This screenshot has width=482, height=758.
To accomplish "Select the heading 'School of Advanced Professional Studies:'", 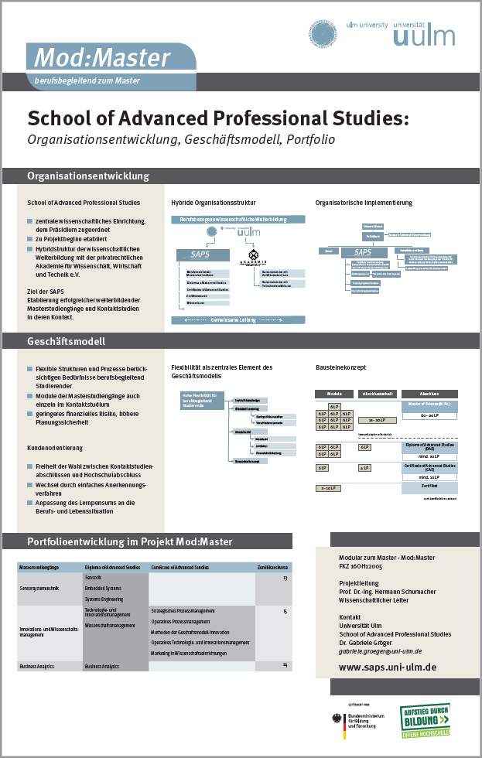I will [x=217, y=118].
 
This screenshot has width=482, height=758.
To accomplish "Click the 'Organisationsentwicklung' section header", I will [x=88, y=176].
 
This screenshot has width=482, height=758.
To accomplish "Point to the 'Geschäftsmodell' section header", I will [x=66, y=341].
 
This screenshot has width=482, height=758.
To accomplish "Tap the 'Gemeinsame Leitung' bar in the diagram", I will [x=238, y=320].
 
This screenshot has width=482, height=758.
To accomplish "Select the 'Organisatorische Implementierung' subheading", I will [x=364, y=203].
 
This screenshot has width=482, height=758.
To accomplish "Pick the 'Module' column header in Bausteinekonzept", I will [x=333, y=394].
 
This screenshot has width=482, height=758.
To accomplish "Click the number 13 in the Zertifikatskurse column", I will [x=285, y=579].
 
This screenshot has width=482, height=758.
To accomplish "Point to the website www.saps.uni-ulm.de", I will [x=388, y=667].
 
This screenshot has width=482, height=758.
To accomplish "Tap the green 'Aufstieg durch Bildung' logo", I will [x=425, y=725].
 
